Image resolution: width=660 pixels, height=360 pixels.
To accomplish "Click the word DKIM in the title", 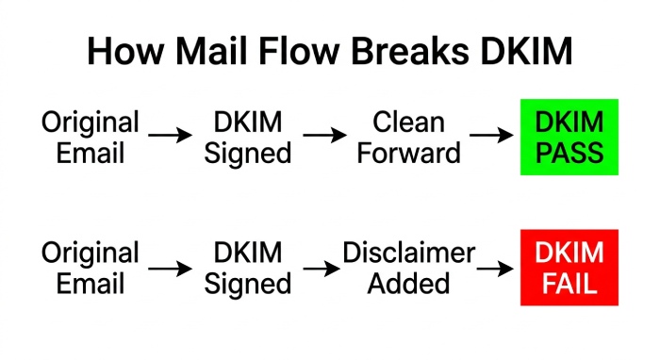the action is [x=526, y=51].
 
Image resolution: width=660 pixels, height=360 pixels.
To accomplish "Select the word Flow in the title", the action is [x=299, y=51].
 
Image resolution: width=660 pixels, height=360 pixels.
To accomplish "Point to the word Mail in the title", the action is [x=210, y=51].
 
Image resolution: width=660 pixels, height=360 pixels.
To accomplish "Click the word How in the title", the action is [x=125, y=51].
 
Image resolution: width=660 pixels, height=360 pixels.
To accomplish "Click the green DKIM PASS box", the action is [x=569, y=137].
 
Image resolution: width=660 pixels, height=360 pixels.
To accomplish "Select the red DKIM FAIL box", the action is [x=569, y=268].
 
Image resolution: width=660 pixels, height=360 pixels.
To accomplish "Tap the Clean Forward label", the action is [x=408, y=137].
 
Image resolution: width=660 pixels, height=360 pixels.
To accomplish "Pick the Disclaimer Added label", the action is [x=408, y=268].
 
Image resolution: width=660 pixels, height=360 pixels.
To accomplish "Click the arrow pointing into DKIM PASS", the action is [x=491, y=135].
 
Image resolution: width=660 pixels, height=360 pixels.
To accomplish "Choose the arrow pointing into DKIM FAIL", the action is [x=495, y=269].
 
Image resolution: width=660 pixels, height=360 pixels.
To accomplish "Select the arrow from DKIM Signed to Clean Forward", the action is [x=324, y=135].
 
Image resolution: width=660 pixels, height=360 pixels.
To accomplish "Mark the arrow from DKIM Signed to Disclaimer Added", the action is [x=322, y=269].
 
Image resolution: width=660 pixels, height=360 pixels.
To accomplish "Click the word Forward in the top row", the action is [x=408, y=153].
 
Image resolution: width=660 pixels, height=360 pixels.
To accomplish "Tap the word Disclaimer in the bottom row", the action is [x=408, y=253].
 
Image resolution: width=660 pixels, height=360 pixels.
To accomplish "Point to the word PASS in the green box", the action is [x=569, y=153].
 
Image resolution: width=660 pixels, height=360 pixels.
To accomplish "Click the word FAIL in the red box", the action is [x=569, y=283].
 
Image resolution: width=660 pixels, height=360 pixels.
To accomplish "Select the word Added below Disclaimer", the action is [x=408, y=283].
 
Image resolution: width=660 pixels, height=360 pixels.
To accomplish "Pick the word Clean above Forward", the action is [x=408, y=122].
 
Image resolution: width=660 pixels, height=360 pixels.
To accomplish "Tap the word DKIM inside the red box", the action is [x=569, y=253].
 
